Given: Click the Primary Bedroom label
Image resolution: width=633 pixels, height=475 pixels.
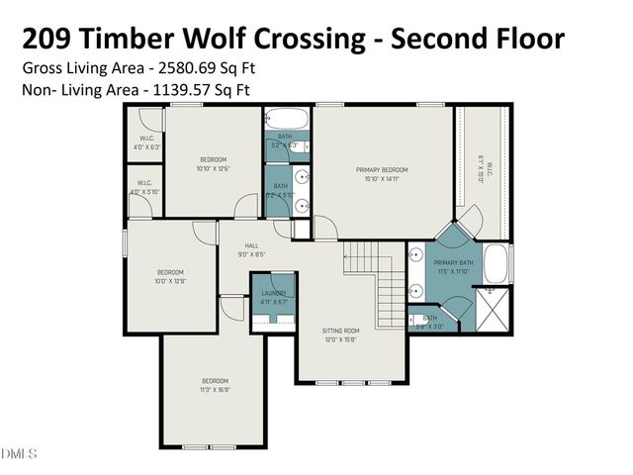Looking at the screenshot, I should click(383, 170).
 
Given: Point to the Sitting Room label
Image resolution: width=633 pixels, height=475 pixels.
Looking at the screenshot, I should click(341, 331).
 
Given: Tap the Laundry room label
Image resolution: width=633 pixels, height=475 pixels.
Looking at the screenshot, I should click(274, 293).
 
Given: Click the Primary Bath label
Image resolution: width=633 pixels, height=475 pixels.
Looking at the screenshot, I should click(453, 262).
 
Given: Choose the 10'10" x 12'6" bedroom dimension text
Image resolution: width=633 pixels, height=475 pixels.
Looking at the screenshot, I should click(215, 168).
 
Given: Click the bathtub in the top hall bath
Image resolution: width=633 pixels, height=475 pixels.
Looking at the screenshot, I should click(287, 123).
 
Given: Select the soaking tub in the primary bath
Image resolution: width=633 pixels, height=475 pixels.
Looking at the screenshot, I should click(496, 264).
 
